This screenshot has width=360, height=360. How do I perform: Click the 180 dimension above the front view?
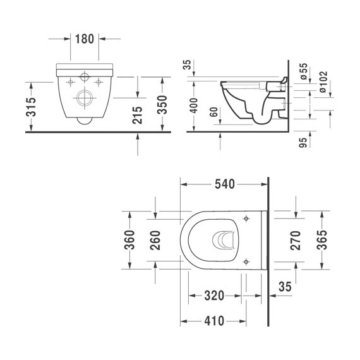point(85,38)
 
